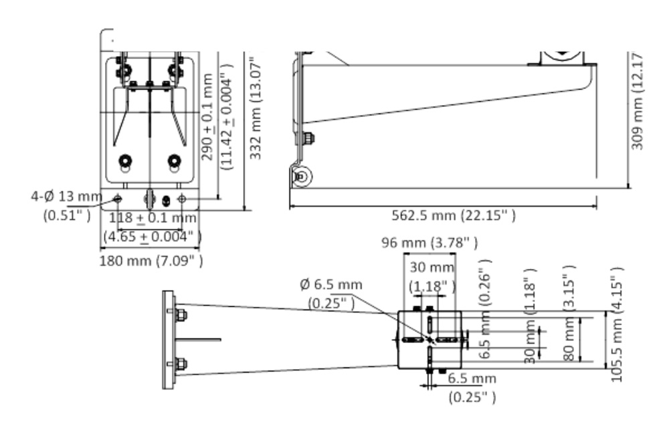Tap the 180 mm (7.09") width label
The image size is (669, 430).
pyautogui.click(x=151, y=259)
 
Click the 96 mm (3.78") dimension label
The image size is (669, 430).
pyautogui.click(x=429, y=242)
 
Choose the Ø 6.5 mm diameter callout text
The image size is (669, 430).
pyautogui.click(x=331, y=285)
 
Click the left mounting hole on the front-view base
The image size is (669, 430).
pyautogui.click(x=118, y=199)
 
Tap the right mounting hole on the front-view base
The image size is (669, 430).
pyautogui.click(x=181, y=199)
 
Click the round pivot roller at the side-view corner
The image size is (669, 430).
pyautogui.click(x=301, y=177)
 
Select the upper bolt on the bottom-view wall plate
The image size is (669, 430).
pyautogui.click(x=181, y=315)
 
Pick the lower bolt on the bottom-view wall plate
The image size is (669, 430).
pyautogui.click(x=181, y=365)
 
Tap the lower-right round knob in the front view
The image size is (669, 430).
pyautogui.click(x=175, y=161)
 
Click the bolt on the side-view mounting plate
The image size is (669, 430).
pyautogui.click(x=308, y=139)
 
